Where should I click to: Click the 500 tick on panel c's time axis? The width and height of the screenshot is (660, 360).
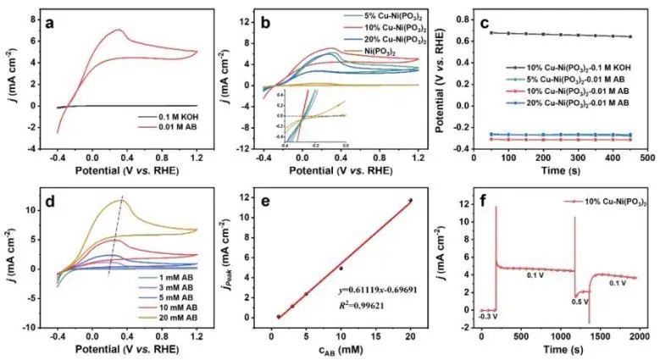point(646,158)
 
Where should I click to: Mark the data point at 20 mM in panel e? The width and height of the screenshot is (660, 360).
point(409,201)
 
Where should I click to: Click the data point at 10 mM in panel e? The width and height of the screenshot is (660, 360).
point(341,268)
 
